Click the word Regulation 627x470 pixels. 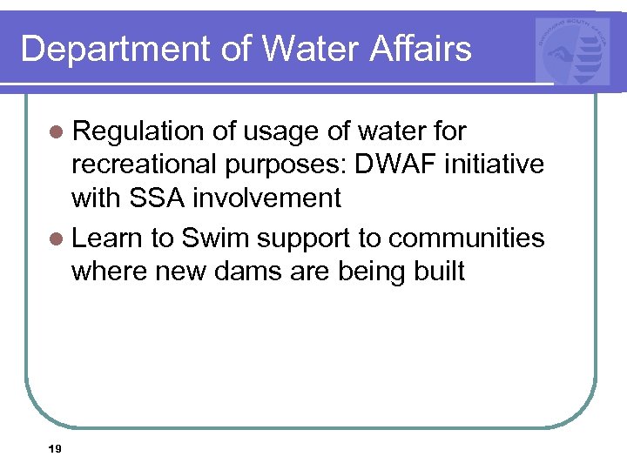click(x=139, y=131)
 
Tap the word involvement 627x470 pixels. click(x=266, y=198)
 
